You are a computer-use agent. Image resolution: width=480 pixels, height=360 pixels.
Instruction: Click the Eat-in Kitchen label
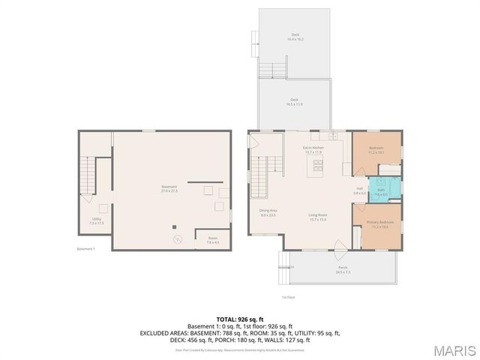pyautogui.click(x=313, y=150)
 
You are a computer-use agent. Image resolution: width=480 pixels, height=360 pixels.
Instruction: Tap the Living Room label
pyautogui.click(x=318, y=217)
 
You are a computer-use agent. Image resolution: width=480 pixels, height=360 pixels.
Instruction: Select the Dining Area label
pyautogui.click(x=268, y=213)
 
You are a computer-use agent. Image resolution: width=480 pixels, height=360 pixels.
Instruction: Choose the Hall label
pyautogui.click(x=359, y=190)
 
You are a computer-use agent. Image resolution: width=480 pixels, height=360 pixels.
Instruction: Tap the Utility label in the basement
pyautogui.click(x=97, y=220)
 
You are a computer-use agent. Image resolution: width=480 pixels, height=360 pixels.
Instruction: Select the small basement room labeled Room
pyautogui.click(x=212, y=240)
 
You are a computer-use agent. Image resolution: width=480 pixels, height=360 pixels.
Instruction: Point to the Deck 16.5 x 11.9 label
pyautogui.click(x=295, y=102)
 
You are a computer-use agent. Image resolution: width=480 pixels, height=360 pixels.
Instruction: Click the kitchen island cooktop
pyautogui.click(x=318, y=166)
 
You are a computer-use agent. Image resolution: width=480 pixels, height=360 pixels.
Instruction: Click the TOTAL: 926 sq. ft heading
pyautogui.click(x=240, y=319)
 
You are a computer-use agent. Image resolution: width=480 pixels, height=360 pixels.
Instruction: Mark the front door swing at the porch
pyautogui.click(x=339, y=246)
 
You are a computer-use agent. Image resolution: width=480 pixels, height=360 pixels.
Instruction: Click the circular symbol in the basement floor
pyautogui.click(x=178, y=240)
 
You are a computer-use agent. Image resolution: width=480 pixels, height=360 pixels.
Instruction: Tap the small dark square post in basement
pyautogui.click(x=175, y=226)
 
